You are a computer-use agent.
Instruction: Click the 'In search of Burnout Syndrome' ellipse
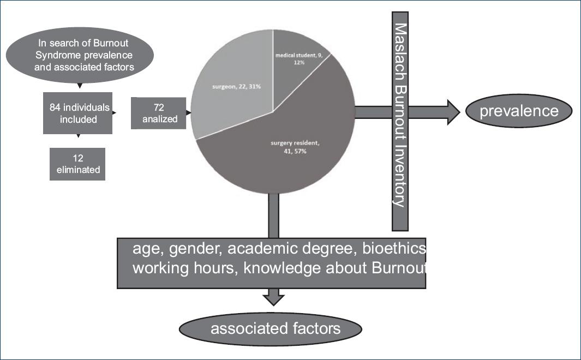(80, 54)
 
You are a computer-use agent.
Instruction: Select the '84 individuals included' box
(78, 112)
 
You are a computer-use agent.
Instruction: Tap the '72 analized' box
(158, 113)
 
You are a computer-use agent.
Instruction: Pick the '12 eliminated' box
(77, 164)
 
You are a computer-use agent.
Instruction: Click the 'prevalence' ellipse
(519, 111)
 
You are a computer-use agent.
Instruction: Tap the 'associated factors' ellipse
(271, 328)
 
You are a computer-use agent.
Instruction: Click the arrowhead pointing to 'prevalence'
(453, 112)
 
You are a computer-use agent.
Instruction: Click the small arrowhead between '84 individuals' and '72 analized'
(115, 113)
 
